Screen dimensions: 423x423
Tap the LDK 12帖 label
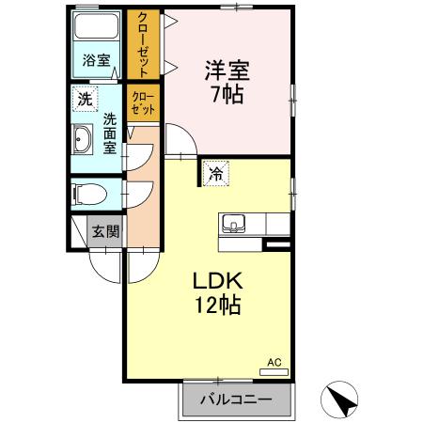(218, 292)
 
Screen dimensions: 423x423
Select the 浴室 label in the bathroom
(96, 62)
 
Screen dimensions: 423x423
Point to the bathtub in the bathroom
(97, 27)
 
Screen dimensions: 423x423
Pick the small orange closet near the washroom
(143, 102)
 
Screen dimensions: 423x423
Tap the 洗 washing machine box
(86, 98)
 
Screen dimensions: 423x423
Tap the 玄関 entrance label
(105, 230)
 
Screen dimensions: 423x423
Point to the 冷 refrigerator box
(215, 173)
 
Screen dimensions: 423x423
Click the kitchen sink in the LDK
(233, 224)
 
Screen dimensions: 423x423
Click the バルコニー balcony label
(236, 399)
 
